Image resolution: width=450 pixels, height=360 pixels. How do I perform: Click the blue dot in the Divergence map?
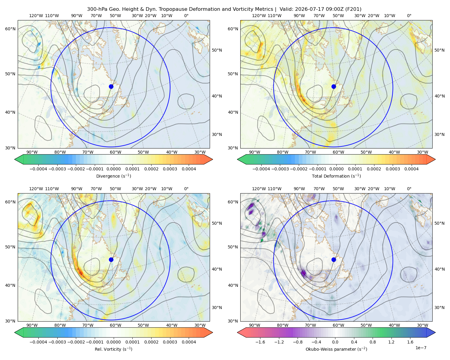[x=111, y=87]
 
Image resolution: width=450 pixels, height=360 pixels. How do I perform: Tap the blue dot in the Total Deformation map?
[x=334, y=87]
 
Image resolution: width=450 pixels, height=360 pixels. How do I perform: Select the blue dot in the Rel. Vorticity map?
[x=111, y=259]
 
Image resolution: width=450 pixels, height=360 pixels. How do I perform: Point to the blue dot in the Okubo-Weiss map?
[x=334, y=259]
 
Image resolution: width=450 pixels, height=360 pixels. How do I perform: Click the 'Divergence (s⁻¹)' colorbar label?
[x=113, y=176]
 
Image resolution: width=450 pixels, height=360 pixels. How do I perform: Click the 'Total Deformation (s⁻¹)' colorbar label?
[x=336, y=176]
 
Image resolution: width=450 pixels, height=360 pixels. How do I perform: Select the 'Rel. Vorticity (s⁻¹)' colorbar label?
[x=113, y=349]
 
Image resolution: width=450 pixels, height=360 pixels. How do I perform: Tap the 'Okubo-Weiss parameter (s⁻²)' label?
[x=336, y=349]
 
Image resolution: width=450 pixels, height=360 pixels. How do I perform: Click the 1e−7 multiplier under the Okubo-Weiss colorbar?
[x=421, y=348]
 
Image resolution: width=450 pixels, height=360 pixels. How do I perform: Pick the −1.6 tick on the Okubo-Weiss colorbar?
[x=260, y=342]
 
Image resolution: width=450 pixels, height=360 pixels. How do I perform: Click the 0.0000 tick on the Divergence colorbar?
[x=113, y=169]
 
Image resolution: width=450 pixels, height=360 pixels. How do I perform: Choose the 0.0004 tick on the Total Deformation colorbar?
[x=411, y=169]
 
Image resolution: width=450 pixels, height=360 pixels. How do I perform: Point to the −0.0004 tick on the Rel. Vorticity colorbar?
[x=38, y=342]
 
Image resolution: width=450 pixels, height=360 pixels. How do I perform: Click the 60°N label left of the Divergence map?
[x=10, y=29]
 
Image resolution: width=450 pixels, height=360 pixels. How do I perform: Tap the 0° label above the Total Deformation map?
[x=409, y=16]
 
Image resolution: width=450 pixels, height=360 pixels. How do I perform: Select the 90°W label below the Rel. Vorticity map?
[x=32, y=325]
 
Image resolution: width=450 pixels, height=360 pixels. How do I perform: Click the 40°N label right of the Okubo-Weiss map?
[x=439, y=269]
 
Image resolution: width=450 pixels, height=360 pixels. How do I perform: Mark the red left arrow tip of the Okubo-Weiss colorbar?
[x=238, y=332]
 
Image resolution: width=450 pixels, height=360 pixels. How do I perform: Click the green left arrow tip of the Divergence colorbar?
[x=15, y=159]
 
